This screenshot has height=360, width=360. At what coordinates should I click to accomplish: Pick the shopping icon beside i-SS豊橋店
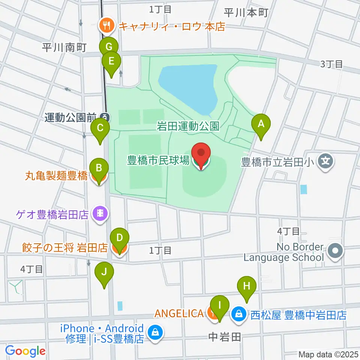154,332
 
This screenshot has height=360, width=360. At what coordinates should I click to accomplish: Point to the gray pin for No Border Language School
335,251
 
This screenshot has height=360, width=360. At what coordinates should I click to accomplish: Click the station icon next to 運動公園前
105,117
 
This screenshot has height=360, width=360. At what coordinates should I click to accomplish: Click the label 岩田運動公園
188,126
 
